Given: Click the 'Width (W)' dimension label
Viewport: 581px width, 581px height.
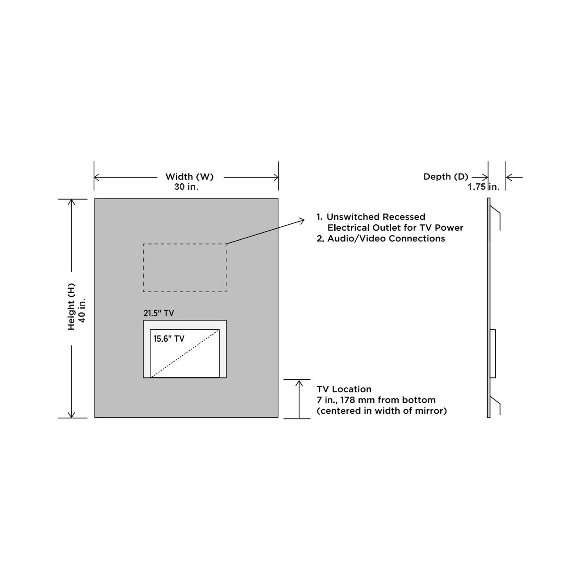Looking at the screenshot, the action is (x=189, y=177).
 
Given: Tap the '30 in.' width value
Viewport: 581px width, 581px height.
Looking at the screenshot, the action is (x=187, y=187).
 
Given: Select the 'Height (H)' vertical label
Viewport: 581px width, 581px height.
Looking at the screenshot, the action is (x=71, y=306).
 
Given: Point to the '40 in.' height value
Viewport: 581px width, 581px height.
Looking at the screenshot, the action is (x=82, y=310).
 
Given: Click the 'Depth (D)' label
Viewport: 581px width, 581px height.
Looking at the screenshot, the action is (x=446, y=177).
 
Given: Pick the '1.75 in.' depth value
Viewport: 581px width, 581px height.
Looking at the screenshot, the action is (x=484, y=187).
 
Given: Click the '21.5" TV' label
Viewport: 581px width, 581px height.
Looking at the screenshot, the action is (x=159, y=313).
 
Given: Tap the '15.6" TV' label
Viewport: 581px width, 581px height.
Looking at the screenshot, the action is (x=169, y=339).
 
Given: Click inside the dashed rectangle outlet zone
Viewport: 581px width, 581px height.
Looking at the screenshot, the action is (x=185, y=268).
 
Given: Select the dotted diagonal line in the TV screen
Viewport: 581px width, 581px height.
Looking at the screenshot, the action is (x=185, y=353).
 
